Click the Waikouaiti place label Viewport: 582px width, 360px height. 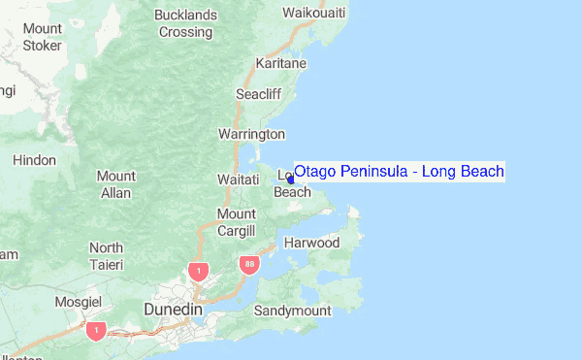click(x=313, y=13)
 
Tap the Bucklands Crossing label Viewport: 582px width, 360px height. click(x=186, y=23)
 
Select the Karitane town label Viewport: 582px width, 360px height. click(x=280, y=63)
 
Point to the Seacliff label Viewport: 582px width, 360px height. click(x=260, y=94)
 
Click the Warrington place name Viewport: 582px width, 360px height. click(x=251, y=134)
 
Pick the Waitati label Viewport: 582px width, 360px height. click(x=237, y=180)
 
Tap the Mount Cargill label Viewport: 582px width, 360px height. click(x=236, y=222)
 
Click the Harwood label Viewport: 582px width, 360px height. click(x=311, y=243)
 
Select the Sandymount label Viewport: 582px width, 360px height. click(x=293, y=311)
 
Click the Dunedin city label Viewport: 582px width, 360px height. click(x=172, y=309)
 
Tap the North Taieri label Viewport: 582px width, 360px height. click(x=106, y=256)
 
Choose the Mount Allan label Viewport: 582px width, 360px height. click(x=115, y=184)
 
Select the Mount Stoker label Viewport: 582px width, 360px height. click(x=43, y=37)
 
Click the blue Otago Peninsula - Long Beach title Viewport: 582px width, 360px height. click(x=399, y=172)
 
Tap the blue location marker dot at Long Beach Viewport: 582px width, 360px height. click(x=291, y=180)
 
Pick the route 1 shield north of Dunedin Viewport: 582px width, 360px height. click(x=198, y=271)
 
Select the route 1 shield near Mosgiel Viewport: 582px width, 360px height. click(x=95, y=331)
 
